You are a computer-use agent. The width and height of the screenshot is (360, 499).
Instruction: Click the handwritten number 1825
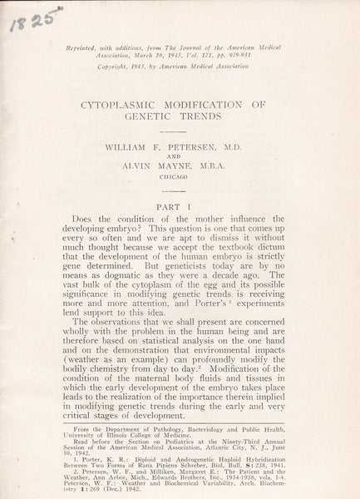pos(26,15)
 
